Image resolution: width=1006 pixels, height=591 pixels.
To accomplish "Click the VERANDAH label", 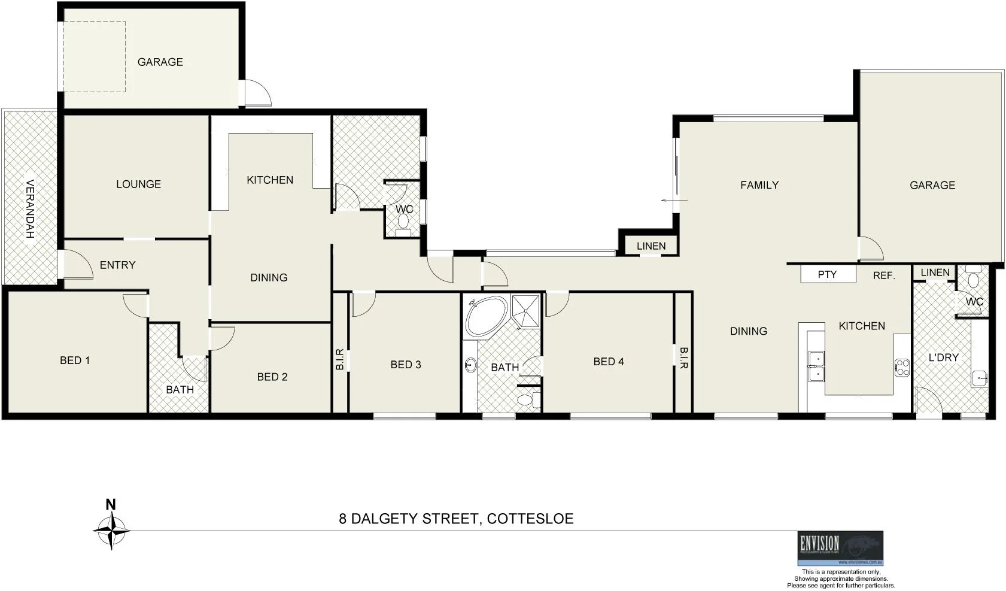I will coord(30,209).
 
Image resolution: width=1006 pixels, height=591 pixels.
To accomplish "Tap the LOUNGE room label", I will coord(138,184).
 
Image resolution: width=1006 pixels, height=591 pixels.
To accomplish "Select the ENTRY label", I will coord(117,265).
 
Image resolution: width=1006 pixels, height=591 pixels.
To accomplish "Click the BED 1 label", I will coord(75,360).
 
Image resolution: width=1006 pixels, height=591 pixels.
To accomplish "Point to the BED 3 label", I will coord(406,365).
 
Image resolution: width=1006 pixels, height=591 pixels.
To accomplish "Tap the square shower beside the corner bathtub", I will coord(526,311).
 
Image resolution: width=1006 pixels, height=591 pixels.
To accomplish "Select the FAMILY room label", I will coord(759,186).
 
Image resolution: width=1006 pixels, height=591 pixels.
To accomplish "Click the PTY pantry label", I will coord(827,275).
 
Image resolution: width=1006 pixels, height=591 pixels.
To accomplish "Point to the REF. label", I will coord(884,276).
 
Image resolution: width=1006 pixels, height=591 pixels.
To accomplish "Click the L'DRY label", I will coord(943,357).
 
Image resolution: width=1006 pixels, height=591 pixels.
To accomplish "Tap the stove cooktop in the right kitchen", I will coord(901,368).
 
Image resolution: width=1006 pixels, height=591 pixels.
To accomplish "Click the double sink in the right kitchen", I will coord(815,366).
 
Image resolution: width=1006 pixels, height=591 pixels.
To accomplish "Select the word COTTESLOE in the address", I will coord(530,519).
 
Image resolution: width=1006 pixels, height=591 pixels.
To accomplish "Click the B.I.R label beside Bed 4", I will coord(683,357).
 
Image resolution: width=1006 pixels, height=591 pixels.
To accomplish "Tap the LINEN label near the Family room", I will coord(651,246).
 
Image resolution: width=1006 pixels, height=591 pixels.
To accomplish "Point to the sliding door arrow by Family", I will coord(674,200).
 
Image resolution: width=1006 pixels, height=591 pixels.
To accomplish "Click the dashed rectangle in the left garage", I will coord(95,57).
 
